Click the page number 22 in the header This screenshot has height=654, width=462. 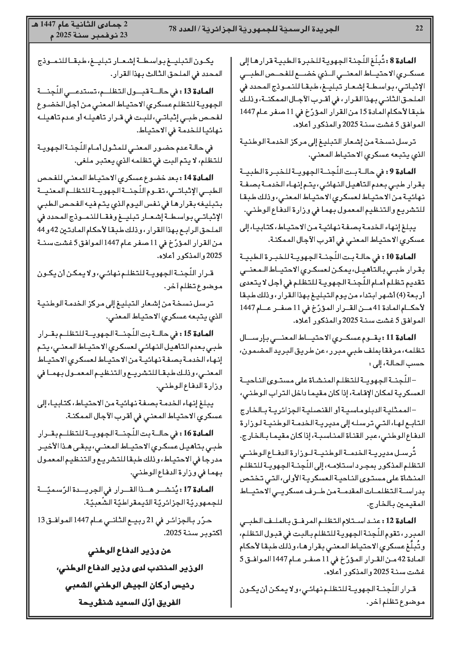point(419,28)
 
